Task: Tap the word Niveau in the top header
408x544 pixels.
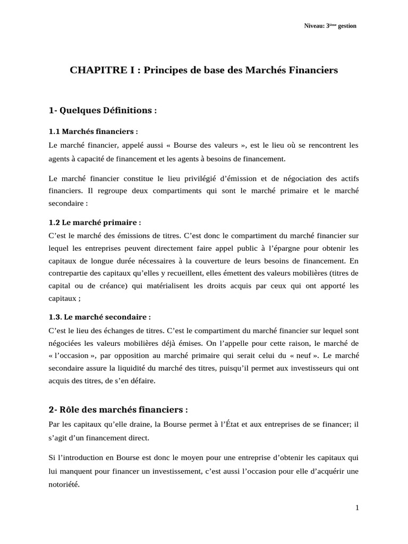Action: (313, 26)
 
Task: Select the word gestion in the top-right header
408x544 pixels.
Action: (346, 26)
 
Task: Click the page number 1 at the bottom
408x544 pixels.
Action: (358, 507)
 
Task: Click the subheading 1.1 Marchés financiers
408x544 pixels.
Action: (93, 131)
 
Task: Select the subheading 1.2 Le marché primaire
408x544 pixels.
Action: (95, 223)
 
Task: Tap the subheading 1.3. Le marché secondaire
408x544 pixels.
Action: (99, 317)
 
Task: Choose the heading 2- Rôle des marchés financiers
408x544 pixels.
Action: (118, 410)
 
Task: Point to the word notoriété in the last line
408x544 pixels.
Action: (64, 484)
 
